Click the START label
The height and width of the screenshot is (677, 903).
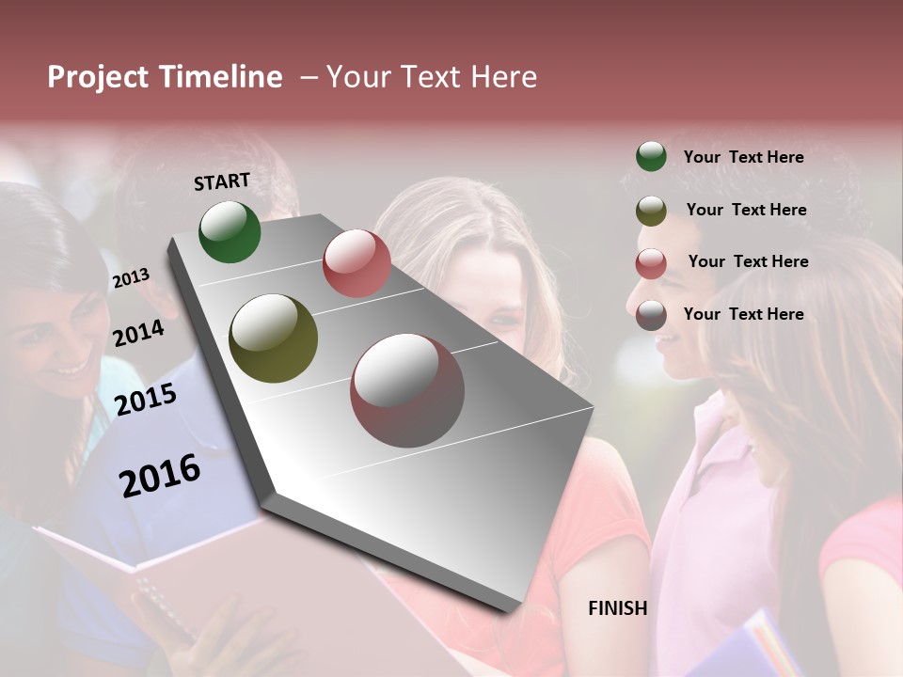click(222, 181)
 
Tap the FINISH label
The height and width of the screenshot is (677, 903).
click(617, 608)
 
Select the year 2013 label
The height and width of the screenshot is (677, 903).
click(131, 278)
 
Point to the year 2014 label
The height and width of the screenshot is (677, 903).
click(138, 334)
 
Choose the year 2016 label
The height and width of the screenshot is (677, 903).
click(160, 476)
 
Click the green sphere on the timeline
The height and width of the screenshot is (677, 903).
click(230, 231)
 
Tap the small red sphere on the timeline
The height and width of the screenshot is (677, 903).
click(356, 263)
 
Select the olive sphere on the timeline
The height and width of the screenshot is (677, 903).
click(273, 338)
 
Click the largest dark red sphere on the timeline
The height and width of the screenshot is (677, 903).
click(407, 390)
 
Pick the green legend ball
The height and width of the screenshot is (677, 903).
click(651, 156)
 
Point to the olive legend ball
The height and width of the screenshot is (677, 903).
click(651, 211)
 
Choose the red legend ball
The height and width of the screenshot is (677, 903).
click(651, 263)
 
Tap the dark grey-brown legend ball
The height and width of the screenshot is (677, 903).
click(651, 315)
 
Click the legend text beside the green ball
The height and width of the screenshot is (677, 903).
click(743, 157)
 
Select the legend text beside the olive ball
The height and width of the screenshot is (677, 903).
click(746, 210)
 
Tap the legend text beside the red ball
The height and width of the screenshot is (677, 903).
click(748, 261)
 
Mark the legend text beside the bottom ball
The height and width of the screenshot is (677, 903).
click(743, 314)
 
